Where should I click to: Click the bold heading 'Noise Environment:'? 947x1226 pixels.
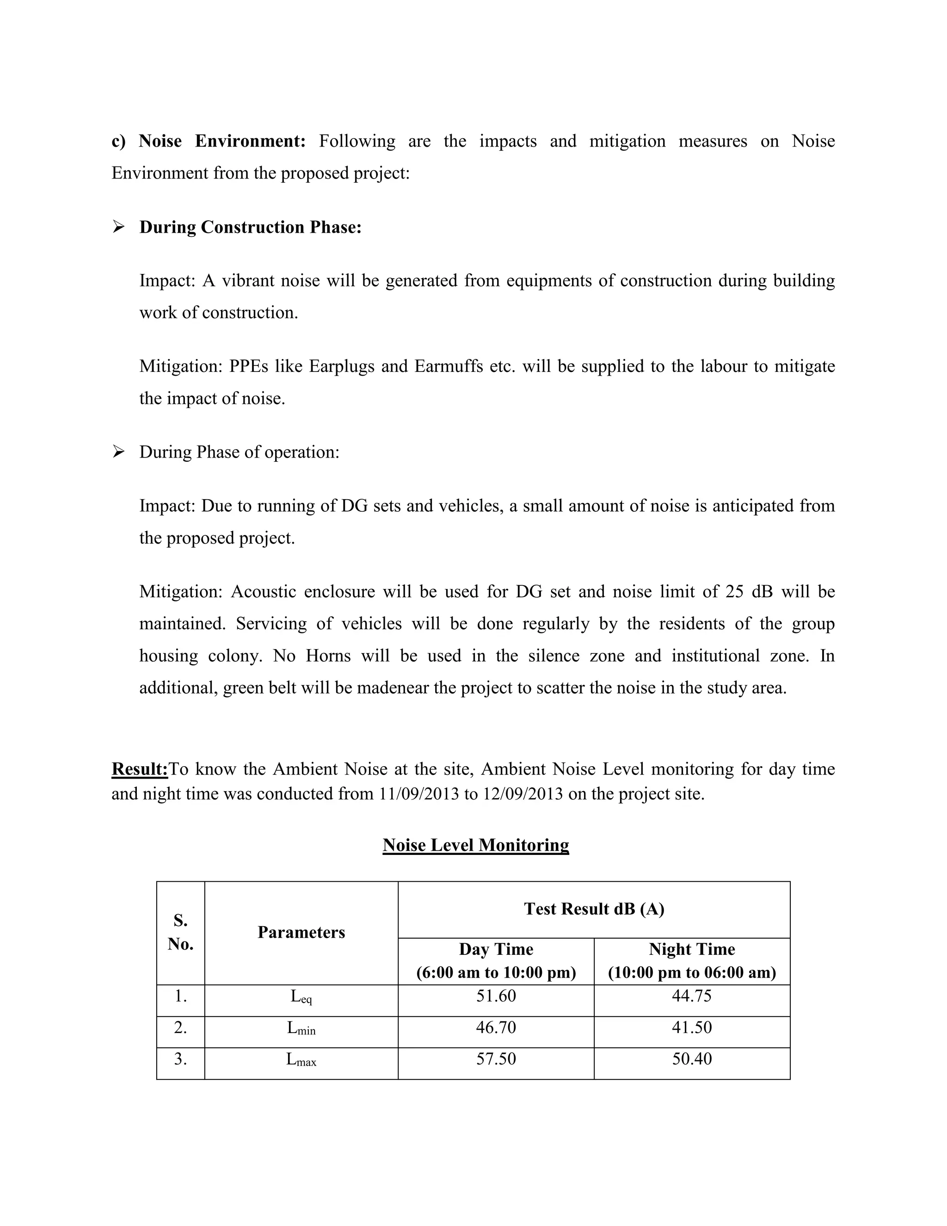[221, 141]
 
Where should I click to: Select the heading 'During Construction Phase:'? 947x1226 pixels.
[250, 227]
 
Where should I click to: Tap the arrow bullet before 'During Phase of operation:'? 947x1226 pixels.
[118, 452]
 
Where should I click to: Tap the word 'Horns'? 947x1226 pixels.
[328, 656]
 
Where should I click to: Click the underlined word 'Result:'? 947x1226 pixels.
[140, 768]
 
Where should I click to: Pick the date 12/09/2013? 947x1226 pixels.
[523, 794]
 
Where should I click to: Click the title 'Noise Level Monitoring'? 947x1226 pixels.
[476, 845]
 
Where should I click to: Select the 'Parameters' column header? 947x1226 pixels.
[301, 932]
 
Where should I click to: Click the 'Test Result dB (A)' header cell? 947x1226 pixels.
[594, 909]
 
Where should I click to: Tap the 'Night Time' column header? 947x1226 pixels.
[692, 949]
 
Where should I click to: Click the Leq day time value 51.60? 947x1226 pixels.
[496, 996]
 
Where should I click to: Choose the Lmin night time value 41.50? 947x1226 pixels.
[692, 1027]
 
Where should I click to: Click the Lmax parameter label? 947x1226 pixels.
[301, 1059]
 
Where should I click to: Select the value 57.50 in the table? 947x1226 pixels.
[496, 1059]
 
